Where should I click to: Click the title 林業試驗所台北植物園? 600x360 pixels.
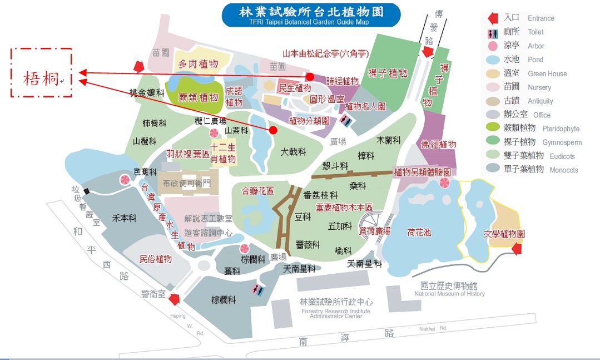pos(311,12)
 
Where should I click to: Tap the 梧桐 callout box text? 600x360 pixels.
pos(41,79)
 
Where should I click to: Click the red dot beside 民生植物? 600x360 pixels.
pos(310,77)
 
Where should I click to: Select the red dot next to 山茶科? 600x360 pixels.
pos(273,130)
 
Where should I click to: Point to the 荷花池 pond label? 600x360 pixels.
pos(419,232)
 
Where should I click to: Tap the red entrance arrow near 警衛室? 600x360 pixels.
pos(174,299)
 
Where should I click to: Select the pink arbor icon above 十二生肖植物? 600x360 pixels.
pos(214,133)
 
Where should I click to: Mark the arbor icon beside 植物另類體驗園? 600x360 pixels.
pos(444,184)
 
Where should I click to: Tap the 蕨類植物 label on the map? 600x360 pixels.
pos(198,98)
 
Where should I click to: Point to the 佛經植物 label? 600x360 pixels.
pos(439,145)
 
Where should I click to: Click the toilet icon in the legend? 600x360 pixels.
pos(492,32)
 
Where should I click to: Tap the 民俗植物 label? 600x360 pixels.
pos(155,259)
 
